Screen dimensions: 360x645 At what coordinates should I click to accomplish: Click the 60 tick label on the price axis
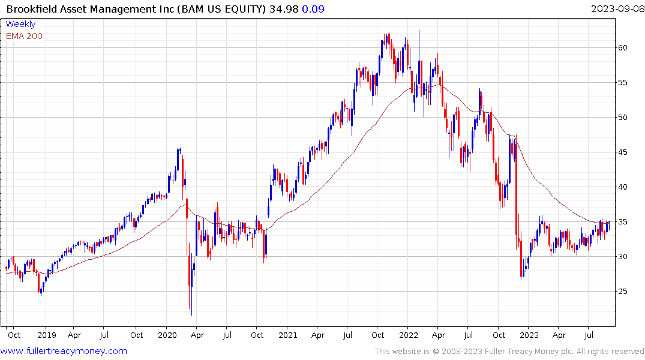(x=624, y=47)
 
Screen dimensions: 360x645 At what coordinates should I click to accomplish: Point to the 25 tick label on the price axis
(x=624, y=292)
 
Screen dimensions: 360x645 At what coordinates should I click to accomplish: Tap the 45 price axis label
(x=624, y=152)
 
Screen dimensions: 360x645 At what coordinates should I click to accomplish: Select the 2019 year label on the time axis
(x=47, y=335)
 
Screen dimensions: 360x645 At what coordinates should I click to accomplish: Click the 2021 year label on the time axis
(x=288, y=335)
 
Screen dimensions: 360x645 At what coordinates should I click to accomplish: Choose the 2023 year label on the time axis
(x=529, y=335)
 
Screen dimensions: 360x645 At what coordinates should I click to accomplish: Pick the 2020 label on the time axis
(x=167, y=335)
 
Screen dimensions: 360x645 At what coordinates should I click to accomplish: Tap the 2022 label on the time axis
(x=409, y=335)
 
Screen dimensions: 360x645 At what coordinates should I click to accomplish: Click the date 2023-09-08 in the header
(x=616, y=8)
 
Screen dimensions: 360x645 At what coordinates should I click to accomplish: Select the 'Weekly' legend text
(x=20, y=24)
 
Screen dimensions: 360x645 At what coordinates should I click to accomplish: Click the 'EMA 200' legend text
(x=24, y=36)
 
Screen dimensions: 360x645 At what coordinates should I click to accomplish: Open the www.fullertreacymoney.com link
(x=64, y=351)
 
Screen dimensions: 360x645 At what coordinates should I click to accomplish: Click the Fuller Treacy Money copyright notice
(x=509, y=352)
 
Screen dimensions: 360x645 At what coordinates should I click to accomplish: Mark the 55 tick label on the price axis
(x=624, y=83)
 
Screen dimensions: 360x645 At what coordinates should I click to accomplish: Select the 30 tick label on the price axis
(x=624, y=257)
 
